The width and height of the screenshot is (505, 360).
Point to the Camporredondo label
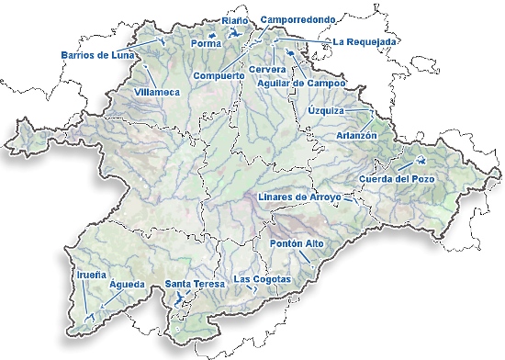296,18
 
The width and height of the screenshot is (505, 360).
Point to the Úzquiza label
326,110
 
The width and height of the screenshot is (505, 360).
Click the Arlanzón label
358,135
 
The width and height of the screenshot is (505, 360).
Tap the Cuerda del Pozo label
396,177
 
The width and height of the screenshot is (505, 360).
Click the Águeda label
127,285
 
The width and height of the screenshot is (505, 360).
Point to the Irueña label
89,274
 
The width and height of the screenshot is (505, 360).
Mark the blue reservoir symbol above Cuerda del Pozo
405,159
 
